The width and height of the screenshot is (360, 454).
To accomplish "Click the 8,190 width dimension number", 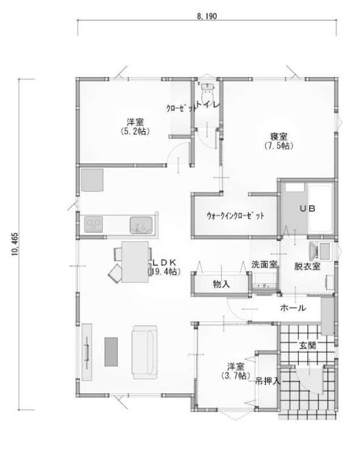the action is [207, 16].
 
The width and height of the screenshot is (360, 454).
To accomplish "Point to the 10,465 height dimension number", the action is [15, 244].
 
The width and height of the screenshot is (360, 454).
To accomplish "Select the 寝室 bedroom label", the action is [279, 136].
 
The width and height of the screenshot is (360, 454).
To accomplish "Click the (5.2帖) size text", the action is [135, 131].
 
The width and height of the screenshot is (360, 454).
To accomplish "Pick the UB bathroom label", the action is [307, 208].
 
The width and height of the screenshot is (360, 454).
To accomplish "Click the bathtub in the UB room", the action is [320, 208].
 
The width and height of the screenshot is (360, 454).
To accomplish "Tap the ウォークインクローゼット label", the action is [235, 216].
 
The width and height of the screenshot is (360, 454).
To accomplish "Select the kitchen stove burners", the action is [94, 224].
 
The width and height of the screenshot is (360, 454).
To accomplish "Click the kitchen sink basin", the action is [141, 225].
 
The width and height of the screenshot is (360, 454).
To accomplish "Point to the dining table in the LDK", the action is [135, 262].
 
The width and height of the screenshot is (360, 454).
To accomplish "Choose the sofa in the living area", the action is [145, 352].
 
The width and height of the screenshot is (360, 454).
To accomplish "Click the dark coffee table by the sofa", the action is [111, 351].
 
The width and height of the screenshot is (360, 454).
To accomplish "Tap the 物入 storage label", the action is [221, 284].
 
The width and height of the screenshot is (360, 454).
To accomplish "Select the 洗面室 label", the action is [265, 264].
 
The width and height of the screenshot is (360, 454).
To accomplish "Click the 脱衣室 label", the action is [307, 266].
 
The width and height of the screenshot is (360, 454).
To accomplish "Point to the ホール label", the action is [293, 308].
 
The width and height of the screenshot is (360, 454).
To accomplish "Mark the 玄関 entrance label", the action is [307, 345].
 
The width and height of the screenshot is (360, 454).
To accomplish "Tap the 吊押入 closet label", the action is [268, 381].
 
